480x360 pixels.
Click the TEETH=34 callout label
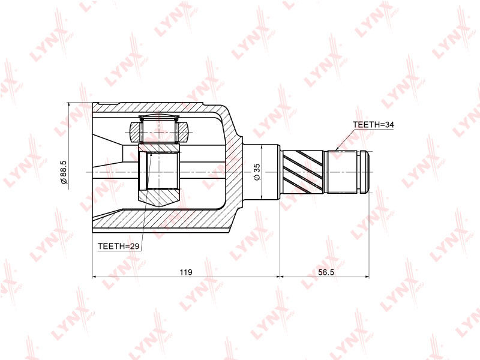(373, 125)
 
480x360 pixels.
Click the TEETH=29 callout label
(118, 246)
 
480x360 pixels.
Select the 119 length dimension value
(186, 272)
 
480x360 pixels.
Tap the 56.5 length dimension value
(326, 272)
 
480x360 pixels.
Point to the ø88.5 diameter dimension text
(64, 172)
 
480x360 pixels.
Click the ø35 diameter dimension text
(257, 172)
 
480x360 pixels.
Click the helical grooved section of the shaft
(303, 172)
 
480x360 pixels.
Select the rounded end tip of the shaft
(365, 172)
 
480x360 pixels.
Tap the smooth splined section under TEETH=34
(343, 172)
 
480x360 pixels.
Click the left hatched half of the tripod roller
(135, 132)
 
